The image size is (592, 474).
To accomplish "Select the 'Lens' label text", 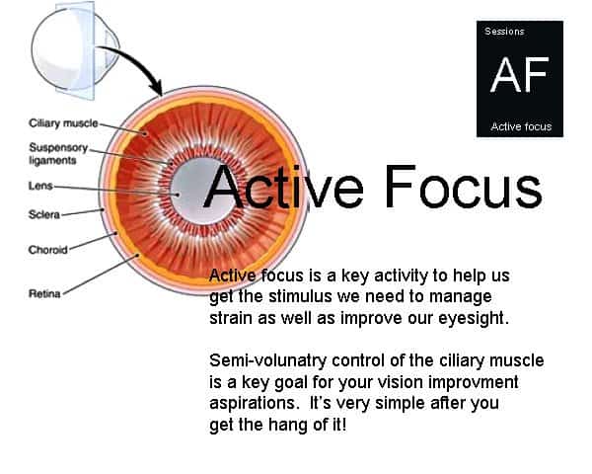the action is [x=39, y=185].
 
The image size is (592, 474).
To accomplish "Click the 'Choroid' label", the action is [x=47, y=250].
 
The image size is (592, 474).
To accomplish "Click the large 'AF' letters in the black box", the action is [x=519, y=75].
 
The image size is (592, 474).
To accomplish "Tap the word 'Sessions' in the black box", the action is [x=503, y=32].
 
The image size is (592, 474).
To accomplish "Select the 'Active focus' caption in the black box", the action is [x=520, y=127].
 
